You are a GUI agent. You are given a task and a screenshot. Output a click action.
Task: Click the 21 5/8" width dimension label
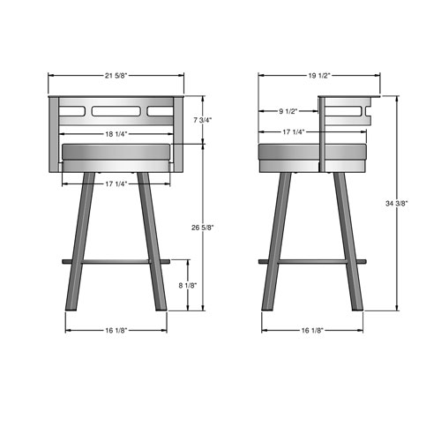115,76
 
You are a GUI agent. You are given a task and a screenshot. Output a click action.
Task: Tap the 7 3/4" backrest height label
204,119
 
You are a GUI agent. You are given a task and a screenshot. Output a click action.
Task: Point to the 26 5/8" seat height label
204,227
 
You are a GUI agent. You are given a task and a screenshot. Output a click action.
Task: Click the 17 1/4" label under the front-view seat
115,183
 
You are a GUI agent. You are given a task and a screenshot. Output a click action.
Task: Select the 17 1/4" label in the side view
293,132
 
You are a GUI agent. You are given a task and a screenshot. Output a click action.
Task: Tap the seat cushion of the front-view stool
115,156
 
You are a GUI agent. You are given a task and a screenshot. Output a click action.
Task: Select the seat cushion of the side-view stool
312,156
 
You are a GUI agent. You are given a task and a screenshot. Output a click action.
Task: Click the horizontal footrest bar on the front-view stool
115,261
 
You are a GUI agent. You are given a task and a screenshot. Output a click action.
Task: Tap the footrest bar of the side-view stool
312,261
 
